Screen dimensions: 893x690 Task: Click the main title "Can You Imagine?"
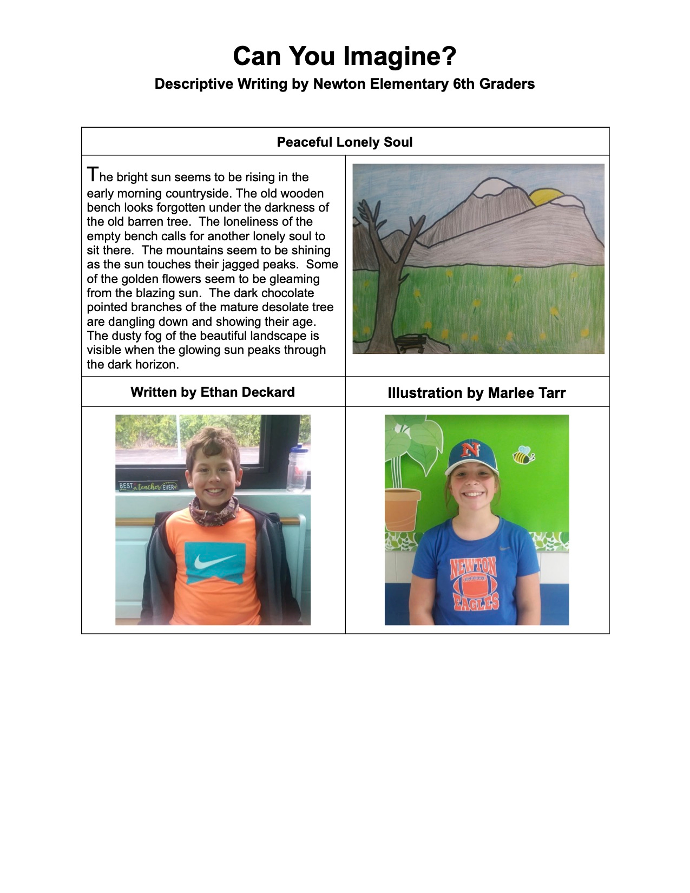(x=345, y=56)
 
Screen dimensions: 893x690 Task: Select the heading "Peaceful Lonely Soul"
(x=345, y=142)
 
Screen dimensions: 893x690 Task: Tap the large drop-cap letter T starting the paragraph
(x=93, y=175)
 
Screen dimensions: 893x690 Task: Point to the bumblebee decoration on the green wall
(x=523, y=456)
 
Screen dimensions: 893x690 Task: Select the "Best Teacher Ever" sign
(x=148, y=486)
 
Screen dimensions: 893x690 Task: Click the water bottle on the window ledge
(x=297, y=469)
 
